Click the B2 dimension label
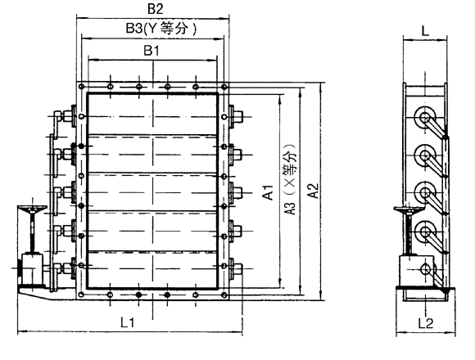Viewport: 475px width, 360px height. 155,8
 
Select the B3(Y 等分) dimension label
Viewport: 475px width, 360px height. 161,29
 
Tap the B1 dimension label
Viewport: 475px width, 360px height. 152,51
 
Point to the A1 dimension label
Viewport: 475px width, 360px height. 268,192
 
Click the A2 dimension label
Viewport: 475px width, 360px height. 313,191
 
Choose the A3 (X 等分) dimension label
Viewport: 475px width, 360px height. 291,179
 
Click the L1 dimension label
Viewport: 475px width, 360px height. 128,322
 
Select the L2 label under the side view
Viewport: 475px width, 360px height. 426,323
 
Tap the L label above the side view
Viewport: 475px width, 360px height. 425,30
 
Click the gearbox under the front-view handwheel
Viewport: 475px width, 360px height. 32,269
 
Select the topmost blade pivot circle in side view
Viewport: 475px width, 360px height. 425,117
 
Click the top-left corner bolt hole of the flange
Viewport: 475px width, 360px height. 81,87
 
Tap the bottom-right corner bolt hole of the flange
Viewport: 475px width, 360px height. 224,295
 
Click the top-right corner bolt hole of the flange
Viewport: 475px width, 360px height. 224,87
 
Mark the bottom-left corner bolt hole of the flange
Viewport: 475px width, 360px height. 81,295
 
